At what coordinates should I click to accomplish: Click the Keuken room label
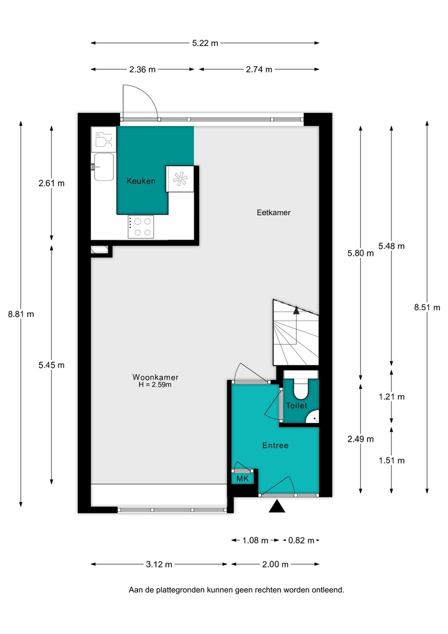pyautogui.click(x=141, y=181)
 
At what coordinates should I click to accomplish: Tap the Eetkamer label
pyautogui.click(x=273, y=213)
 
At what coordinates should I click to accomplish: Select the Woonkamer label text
pyautogui.click(x=155, y=377)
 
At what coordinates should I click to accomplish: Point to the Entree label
pyautogui.click(x=275, y=446)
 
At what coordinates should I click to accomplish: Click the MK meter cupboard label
pyautogui.click(x=242, y=479)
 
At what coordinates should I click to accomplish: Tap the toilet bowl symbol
pyautogui.click(x=301, y=390)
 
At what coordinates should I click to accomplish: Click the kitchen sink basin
pyautogui.click(x=104, y=167)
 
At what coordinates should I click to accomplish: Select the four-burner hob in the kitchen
pyautogui.click(x=141, y=227)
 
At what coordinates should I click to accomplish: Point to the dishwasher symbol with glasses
pyautogui.click(x=103, y=140)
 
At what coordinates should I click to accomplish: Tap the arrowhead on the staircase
pyautogui.click(x=296, y=310)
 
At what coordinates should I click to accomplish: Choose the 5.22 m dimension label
pyautogui.click(x=205, y=43)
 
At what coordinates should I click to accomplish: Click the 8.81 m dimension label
pyautogui.click(x=21, y=314)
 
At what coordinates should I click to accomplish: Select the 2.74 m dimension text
pyautogui.click(x=259, y=70)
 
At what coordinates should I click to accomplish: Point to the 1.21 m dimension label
pyautogui.click(x=392, y=397)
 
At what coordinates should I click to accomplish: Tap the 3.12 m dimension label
pyautogui.click(x=159, y=564)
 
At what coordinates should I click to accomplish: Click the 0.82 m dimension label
pyautogui.click(x=301, y=541)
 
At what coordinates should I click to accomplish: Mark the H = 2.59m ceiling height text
pyautogui.click(x=155, y=385)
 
